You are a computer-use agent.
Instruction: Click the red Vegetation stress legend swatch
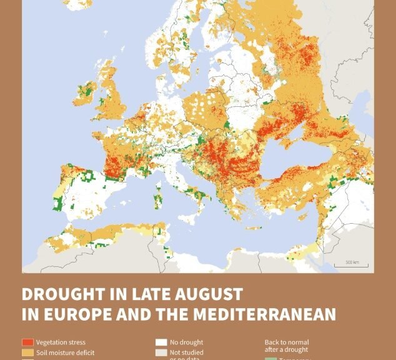(x=27, y=342)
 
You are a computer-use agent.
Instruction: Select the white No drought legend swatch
(x=161, y=342)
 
